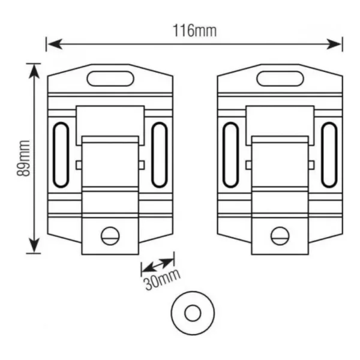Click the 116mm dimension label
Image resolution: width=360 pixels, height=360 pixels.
tap(194, 31)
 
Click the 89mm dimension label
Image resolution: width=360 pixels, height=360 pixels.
tap(23, 158)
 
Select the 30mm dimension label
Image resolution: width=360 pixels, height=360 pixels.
tap(162, 280)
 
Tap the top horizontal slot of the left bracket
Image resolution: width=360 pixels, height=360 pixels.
tap(110, 79)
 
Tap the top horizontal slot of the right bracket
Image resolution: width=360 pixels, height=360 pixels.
tap(280, 79)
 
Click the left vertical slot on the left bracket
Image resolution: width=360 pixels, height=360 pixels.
tap(61, 155)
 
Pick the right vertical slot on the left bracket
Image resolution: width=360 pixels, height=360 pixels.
tap(160, 155)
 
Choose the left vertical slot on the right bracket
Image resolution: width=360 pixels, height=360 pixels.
tap(231, 155)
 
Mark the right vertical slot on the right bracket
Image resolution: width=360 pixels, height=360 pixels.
tap(329, 155)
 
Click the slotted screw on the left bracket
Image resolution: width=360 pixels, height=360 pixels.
tap(110, 236)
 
